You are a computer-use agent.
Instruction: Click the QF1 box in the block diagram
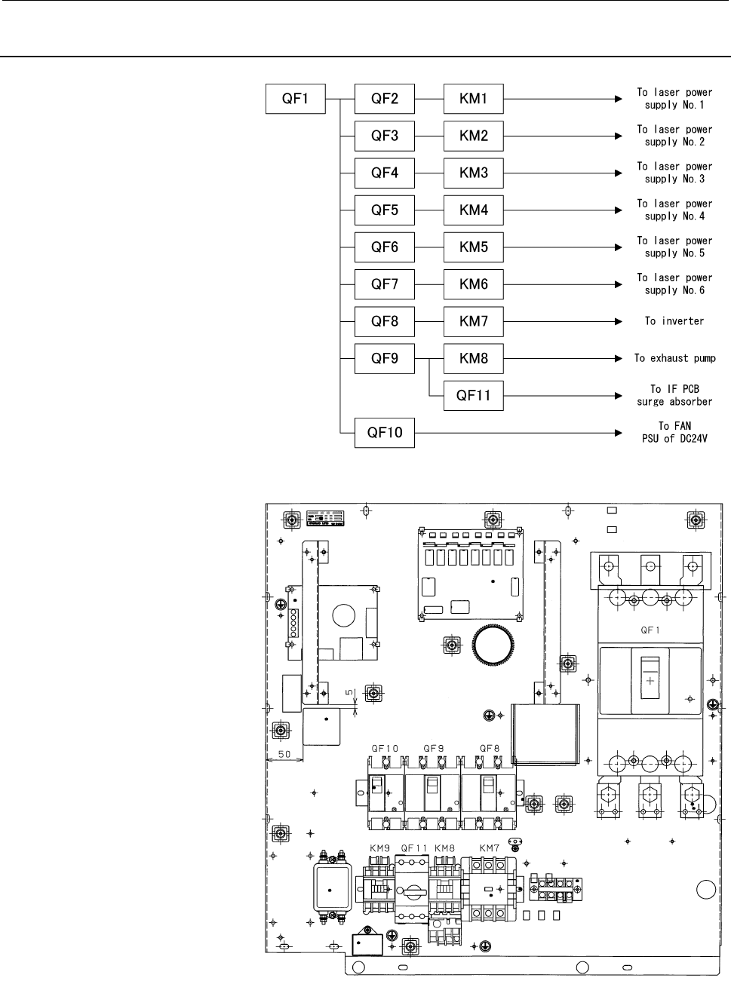pos(296,99)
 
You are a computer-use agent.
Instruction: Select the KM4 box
pos(474,210)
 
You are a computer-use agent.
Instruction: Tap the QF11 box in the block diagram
pos(474,395)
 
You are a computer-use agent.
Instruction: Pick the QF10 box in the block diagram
pos(385,433)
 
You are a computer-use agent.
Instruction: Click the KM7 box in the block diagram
pos(474,321)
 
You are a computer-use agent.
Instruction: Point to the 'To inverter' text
pos(674,321)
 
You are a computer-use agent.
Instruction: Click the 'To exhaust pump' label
pos(674,358)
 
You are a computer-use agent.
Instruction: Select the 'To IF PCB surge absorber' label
pos(674,395)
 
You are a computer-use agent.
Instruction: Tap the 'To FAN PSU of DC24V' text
pos(674,432)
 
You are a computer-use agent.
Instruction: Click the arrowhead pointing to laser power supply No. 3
pos(619,173)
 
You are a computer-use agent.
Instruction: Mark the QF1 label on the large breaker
pos(650,630)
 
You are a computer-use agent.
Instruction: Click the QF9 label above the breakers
pos(433,749)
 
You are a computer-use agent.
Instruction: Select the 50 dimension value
pos(284,754)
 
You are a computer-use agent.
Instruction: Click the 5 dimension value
pos(350,692)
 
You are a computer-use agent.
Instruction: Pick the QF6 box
pos(385,247)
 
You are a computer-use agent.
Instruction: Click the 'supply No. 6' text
pos(674,290)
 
